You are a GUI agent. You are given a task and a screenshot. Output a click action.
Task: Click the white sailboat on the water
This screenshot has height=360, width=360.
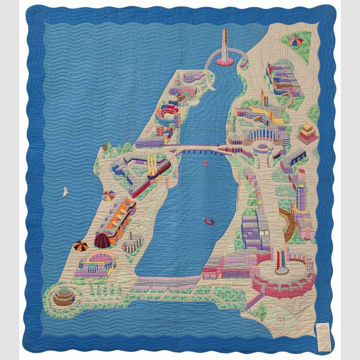point(65,192)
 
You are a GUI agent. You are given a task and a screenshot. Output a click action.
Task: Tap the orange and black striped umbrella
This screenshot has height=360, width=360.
point(80,246)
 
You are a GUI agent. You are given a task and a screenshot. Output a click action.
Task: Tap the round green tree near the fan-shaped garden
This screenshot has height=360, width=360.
point(260,309)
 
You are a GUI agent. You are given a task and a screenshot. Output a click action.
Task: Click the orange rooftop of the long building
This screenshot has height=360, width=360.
point(123,209)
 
